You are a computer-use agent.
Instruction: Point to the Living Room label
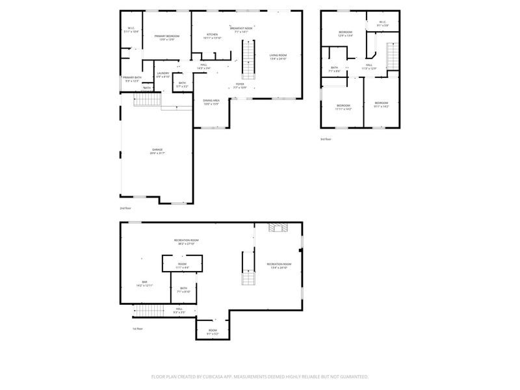pyautogui.click(x=278, y=57)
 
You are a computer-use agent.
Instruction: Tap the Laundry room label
pyautogui.click(x=162, y=75)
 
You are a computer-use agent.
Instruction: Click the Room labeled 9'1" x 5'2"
pyautogui.click(x=213, y=331)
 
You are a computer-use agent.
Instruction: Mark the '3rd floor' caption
pyautogui.click(x=325, y=139)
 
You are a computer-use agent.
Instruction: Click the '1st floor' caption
pyautogui.click(x=137, y=329)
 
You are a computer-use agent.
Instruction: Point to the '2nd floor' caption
pyautogui.click(x=125, y=208)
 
